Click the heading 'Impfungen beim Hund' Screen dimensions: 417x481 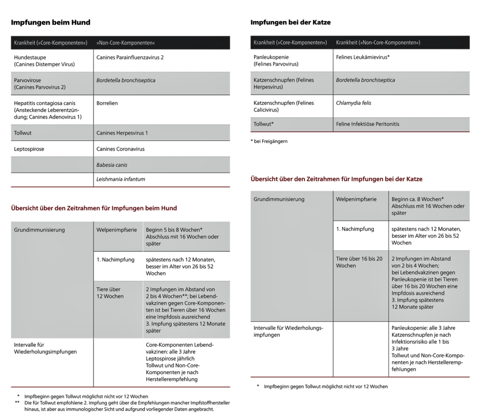51,22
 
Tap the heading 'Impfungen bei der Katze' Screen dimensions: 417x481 291,22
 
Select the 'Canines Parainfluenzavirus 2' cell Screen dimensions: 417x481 130,57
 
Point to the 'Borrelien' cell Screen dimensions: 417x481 107,103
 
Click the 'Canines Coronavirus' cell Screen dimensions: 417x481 120,149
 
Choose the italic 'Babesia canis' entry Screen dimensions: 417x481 112,164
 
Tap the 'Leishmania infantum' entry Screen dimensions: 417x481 121,179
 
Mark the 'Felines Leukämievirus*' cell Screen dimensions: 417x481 363,57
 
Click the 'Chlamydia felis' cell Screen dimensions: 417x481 354,103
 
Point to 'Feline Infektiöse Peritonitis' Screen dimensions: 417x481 367,124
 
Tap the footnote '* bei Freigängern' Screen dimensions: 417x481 269,141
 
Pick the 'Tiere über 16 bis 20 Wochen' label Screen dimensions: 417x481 359,262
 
